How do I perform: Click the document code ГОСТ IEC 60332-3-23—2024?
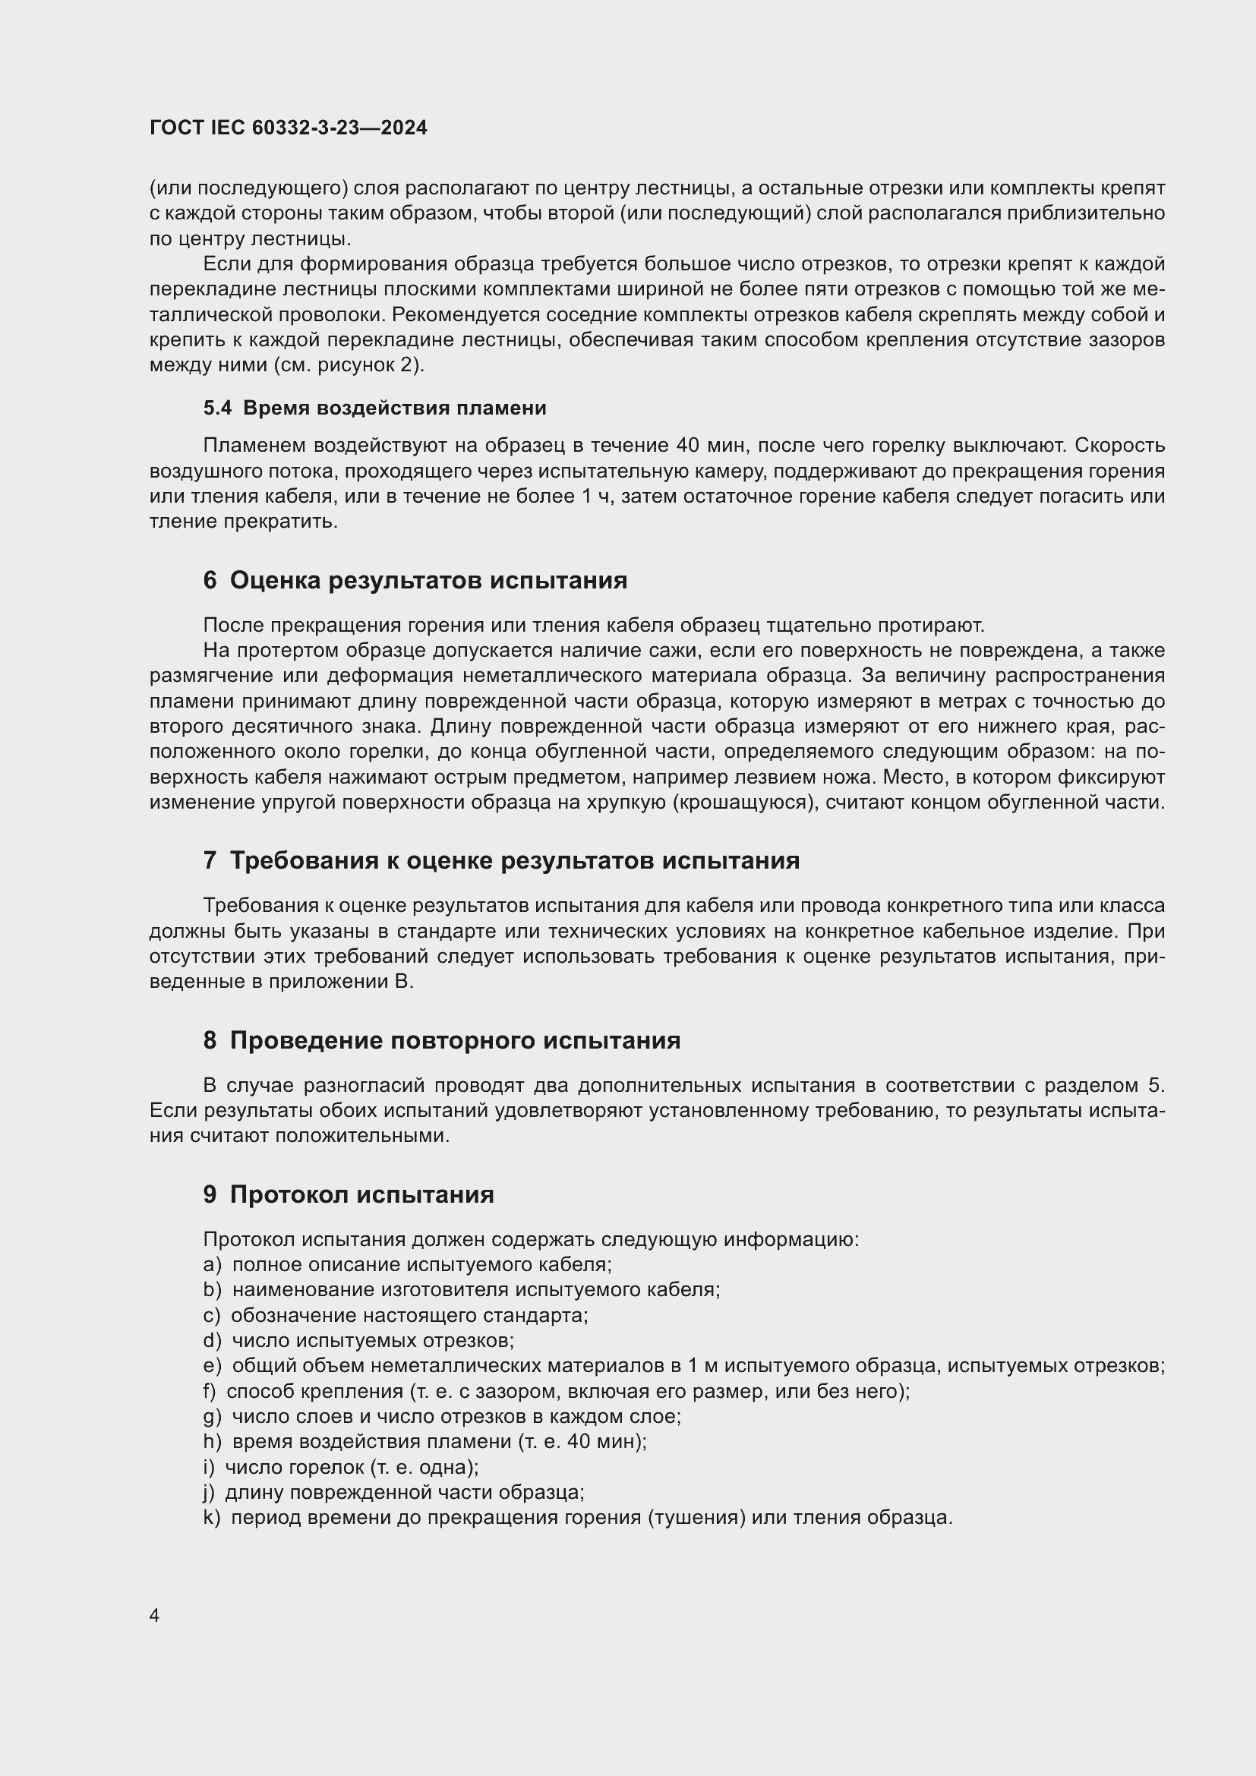click(x=288, y=128)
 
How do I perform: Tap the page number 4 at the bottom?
click(x=155, y=1616)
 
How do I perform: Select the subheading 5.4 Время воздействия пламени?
click(x=374, y=408)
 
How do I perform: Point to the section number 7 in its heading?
click(x=210, y=860)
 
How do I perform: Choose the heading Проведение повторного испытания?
click(x=455, y=1040)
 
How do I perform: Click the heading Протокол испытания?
click(x=362, y=1194)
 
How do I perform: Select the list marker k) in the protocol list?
click(x=212, y=1518)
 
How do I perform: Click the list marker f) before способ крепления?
click(x=210, y=1391)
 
